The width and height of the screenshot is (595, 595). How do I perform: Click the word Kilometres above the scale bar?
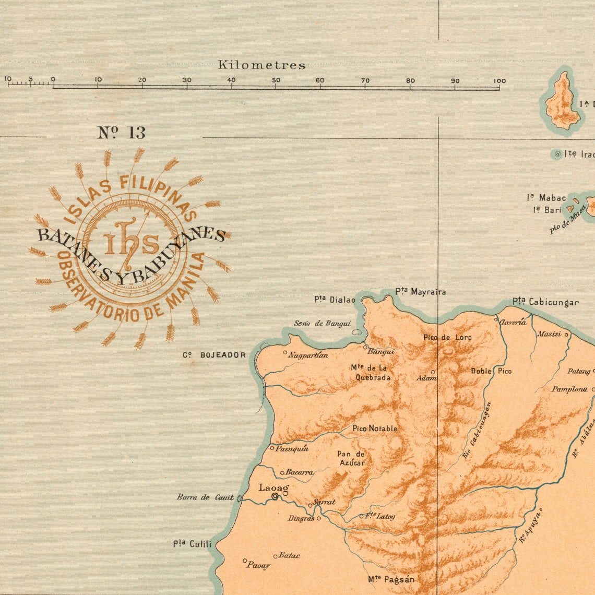[261, 65]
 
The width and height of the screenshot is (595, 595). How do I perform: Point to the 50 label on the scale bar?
[276, 80]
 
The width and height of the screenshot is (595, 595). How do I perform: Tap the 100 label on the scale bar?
[499, 80]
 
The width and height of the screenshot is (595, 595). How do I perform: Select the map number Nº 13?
[121, 133]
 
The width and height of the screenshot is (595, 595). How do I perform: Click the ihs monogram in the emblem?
[131, 241]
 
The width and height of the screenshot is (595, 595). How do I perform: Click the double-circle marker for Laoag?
[275, 497]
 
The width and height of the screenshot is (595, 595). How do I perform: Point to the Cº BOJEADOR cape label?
[214, 355]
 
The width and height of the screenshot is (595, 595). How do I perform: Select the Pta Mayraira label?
[420, 292]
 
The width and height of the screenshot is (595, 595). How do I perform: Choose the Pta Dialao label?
[335, 300]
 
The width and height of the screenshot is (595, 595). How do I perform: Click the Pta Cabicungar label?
[545, 302]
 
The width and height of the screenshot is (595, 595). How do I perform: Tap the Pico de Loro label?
[447, 337]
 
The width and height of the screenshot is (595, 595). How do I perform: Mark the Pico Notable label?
[375, 429]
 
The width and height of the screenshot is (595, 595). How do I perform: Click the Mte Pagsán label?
[391, 579]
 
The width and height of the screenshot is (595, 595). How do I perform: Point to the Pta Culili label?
[193, 544]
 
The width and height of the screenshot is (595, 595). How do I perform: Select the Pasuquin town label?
[292, 448]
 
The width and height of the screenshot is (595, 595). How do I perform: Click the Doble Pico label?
[491, 371]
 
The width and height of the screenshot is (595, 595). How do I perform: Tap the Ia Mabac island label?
[546, 198]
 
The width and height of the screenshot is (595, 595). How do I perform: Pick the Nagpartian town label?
[308, 355]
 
